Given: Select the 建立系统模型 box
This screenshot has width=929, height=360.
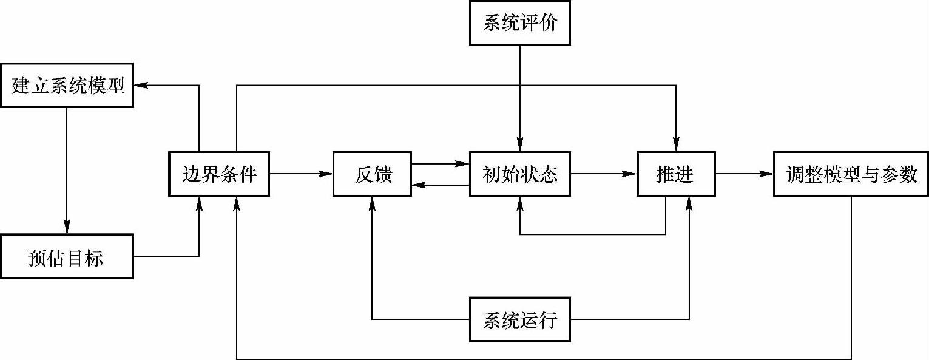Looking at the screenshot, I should pos(67,86).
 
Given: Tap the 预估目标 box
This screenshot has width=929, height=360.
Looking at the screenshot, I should pos(67,257).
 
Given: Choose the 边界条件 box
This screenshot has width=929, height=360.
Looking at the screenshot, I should pos(219,174).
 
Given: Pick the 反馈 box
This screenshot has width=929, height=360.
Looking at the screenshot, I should pos(372,174).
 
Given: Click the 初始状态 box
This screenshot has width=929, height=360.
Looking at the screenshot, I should pos(519,174).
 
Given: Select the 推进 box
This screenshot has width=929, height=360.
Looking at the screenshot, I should pos(675,174).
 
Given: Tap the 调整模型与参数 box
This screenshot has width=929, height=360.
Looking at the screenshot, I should pos(851,174).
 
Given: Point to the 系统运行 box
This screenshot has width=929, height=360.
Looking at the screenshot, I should pos(519,319).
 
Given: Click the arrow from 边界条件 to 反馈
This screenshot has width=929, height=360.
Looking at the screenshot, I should pos(301,174).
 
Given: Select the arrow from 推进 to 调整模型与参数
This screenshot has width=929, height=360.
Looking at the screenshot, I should pos(745,174).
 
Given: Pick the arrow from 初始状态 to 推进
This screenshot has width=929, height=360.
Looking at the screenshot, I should pos(604,174).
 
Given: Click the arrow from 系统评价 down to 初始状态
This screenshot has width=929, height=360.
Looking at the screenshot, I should pos(519,97).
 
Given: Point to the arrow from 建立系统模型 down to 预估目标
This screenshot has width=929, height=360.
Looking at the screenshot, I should pos(67,170).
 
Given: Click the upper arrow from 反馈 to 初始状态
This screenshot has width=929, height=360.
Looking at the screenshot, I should pos(440,163).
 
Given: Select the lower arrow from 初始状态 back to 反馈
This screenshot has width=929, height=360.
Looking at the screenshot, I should pos(440,185).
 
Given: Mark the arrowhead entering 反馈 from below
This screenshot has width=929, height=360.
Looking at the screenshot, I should pos(372,203).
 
